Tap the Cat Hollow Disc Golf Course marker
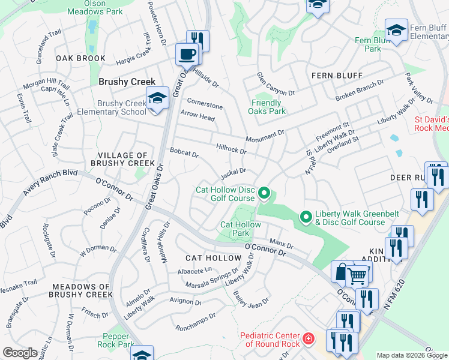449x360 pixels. pyautogui.click(x=264, y=194)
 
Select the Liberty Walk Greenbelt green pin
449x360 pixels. pyautogui.click(x=306, y=217)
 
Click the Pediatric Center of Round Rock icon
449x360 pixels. pyautogui.click(x=308, y=340)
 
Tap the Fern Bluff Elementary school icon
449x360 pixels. pyautogui.click(x=397, y=31)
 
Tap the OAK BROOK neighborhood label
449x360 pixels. pyautogui.click(x=80, y=59)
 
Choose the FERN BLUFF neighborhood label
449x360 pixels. pyautogui.click(x=337, y=76)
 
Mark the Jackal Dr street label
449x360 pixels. pyautogui.click(x=234, y=173)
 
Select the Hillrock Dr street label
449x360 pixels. pyautogui.click(x=231, y=148)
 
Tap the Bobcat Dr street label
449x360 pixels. pyautogui.click(x=184, y=154)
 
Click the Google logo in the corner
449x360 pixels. pyautogui.click(x=20, y=353)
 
